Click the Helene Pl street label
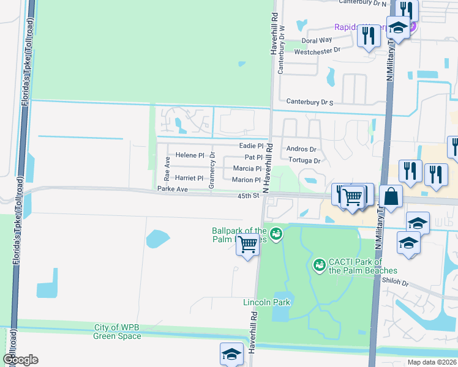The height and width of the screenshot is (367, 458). (x=190, y=155)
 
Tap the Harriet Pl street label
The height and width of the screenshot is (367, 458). (x=189, y=178)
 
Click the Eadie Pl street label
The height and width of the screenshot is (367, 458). (x=251, y=146)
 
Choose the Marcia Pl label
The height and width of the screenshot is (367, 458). (x=247, y=168)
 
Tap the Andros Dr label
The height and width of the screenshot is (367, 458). (x=301, y=149)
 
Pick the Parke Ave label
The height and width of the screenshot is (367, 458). (x=171, y=190)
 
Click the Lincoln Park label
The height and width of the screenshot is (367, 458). (x=266, y=302)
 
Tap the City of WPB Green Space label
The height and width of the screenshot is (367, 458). (x=118, y=332)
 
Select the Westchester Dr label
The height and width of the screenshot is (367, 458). (x=317, y=51)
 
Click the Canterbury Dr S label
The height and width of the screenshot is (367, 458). (x=309, y=101)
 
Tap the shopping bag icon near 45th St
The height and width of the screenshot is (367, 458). (x=391, y=198)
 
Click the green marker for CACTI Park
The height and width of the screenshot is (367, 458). (x=318, y=265)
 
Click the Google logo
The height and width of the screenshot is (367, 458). (x=20, y=360)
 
